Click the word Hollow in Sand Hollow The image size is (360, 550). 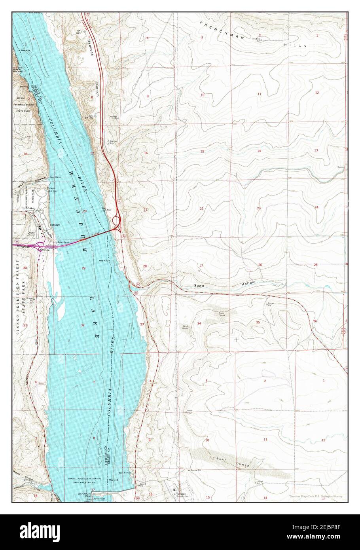coord(246,283)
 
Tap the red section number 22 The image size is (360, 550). coord(201,209)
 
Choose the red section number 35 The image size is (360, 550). coord(258,322)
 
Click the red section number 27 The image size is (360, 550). coord(201,266)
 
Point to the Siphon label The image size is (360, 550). coord(341,167)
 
